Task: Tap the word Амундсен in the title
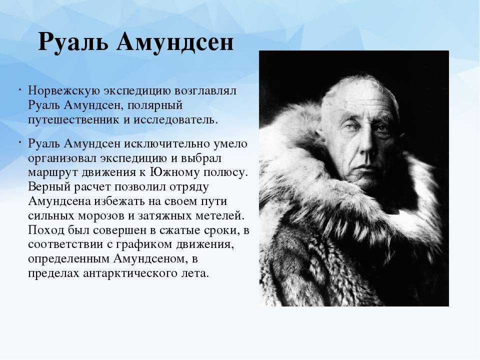(x=175, y=41)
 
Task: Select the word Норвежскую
(x=64, y=91)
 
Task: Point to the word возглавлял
(x=205, y=91)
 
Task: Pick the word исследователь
(x=175, y=119)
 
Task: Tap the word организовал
(x=62, y=158)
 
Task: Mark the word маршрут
(x=53, y=173)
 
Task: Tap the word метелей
(x=220, y=216)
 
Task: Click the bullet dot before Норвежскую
(x=19, y=90)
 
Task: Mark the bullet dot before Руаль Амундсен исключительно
(x=19, y=143)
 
